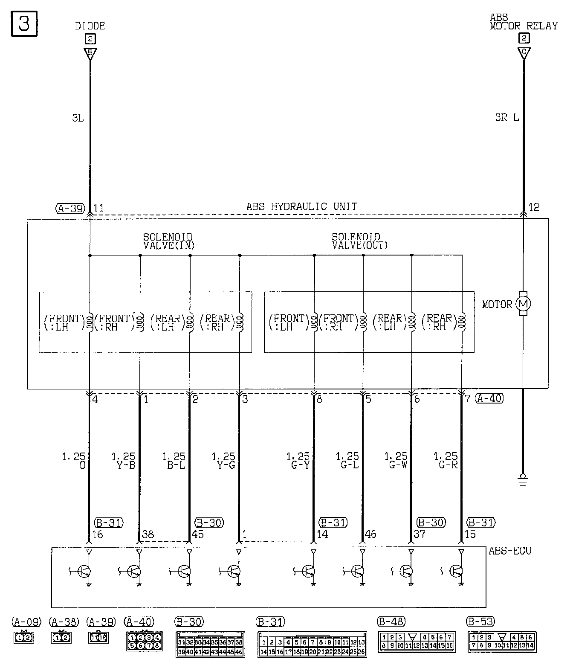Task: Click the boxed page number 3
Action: [x=24, y=24]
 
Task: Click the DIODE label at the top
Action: [x=90, y=26]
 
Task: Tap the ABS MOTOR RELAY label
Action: [x=524, y=22]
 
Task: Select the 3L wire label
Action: [x=78, y=118]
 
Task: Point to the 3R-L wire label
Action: [x=507, y=117]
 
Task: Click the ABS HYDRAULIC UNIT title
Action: [x=302, y=207]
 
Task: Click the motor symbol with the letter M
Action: [x=523, y=304]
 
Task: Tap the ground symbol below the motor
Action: [x=523, y=479]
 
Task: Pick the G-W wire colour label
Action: [x=398, y=465]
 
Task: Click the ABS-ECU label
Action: [x=510, y=551]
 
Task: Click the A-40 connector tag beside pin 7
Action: [x=489, y=398]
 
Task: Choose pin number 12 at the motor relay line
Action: [x=534, y=207]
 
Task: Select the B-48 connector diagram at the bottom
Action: [x=417, y=642]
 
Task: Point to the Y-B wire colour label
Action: [x=126, y=465]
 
